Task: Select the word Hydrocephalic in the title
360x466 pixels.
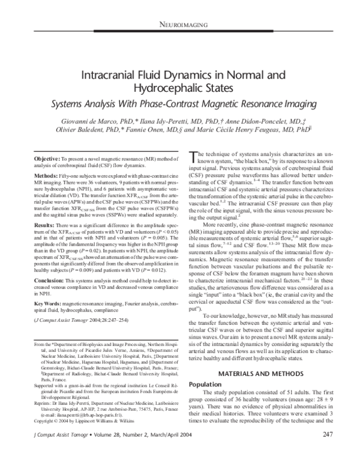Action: coord(179,89)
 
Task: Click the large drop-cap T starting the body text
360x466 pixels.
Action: coord(193,157)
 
